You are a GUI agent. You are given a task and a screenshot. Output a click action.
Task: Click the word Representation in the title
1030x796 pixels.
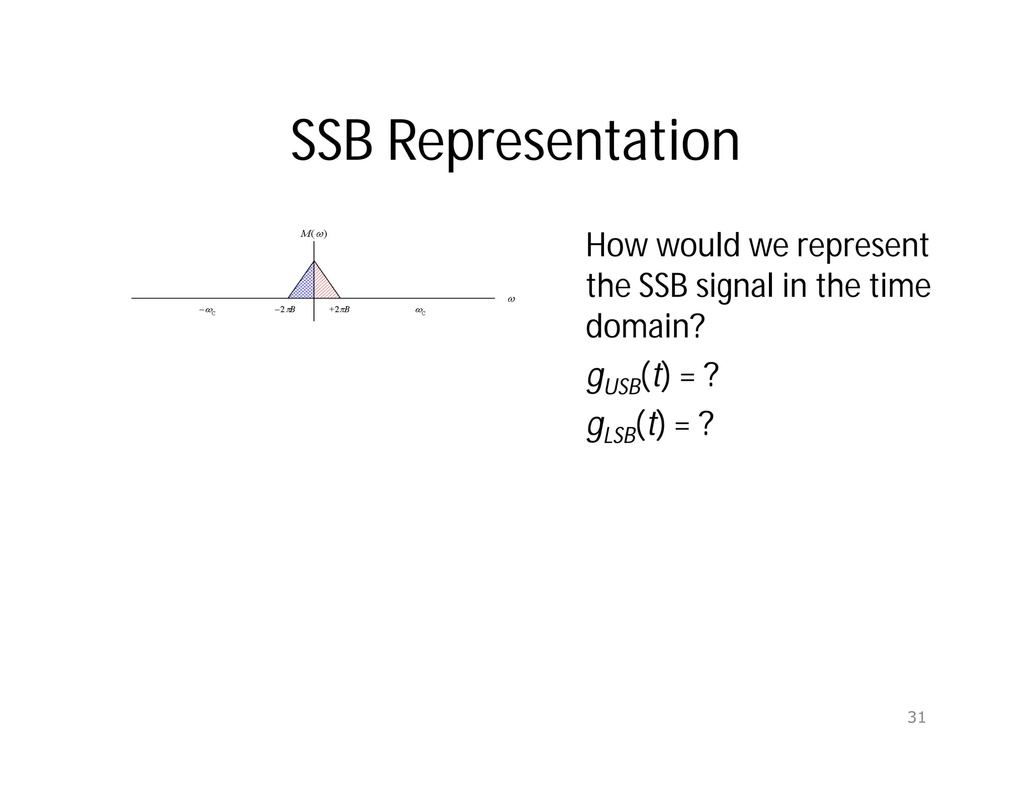pyautogui.click(x=563, y=142)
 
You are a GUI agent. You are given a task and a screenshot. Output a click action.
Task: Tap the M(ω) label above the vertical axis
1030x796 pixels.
pyautogui.click(x=314, y=234)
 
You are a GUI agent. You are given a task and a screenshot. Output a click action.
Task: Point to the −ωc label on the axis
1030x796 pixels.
pyautogui.click(x=207, y=311)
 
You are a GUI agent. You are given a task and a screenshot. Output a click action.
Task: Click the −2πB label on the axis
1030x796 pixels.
pyautogui.click(x=285, y=310)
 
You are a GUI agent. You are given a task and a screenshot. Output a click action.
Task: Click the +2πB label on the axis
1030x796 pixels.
pyautogui.click(x=339, y=310)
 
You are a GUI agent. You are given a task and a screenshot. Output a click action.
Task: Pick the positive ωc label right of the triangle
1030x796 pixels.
pyautogui.click(x=420, y=311)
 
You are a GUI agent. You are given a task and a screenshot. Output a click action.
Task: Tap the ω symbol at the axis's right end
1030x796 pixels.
pyautogui.click(x=511, y=299)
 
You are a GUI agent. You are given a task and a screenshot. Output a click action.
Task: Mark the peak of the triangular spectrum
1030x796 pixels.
pyautogui.click(x=314, y=261)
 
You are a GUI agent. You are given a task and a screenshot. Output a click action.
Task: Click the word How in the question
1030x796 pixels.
pyautogui.click(x=617, y=246)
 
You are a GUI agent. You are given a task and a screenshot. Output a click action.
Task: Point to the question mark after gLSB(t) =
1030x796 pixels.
pyautogui.click(x=706, y=425)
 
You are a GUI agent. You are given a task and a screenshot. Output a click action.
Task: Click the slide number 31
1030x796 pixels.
pyautogui.click(x=916, y=718)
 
